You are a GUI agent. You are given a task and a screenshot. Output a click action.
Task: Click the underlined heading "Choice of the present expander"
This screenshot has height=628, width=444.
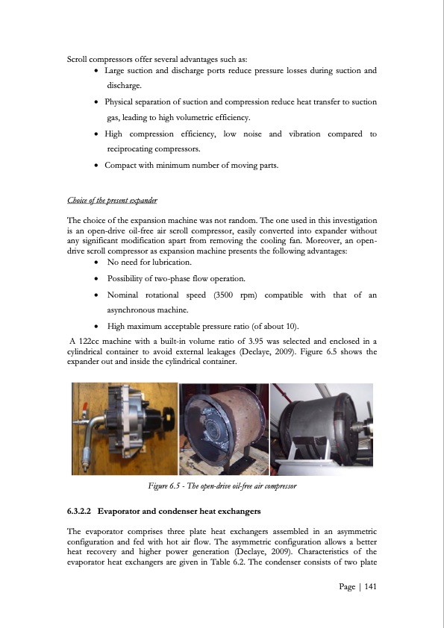pyautogui.click(x=112, y=201)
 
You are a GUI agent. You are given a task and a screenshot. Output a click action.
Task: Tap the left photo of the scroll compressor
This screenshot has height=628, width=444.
pyautogui.click(x=122, y=428)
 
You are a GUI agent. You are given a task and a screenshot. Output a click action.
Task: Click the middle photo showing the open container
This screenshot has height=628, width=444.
pyautogui.click(x=223, y=428)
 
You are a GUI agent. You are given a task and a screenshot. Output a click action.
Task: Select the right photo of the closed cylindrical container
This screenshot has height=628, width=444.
pyautogui.click(x=323, y=428)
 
